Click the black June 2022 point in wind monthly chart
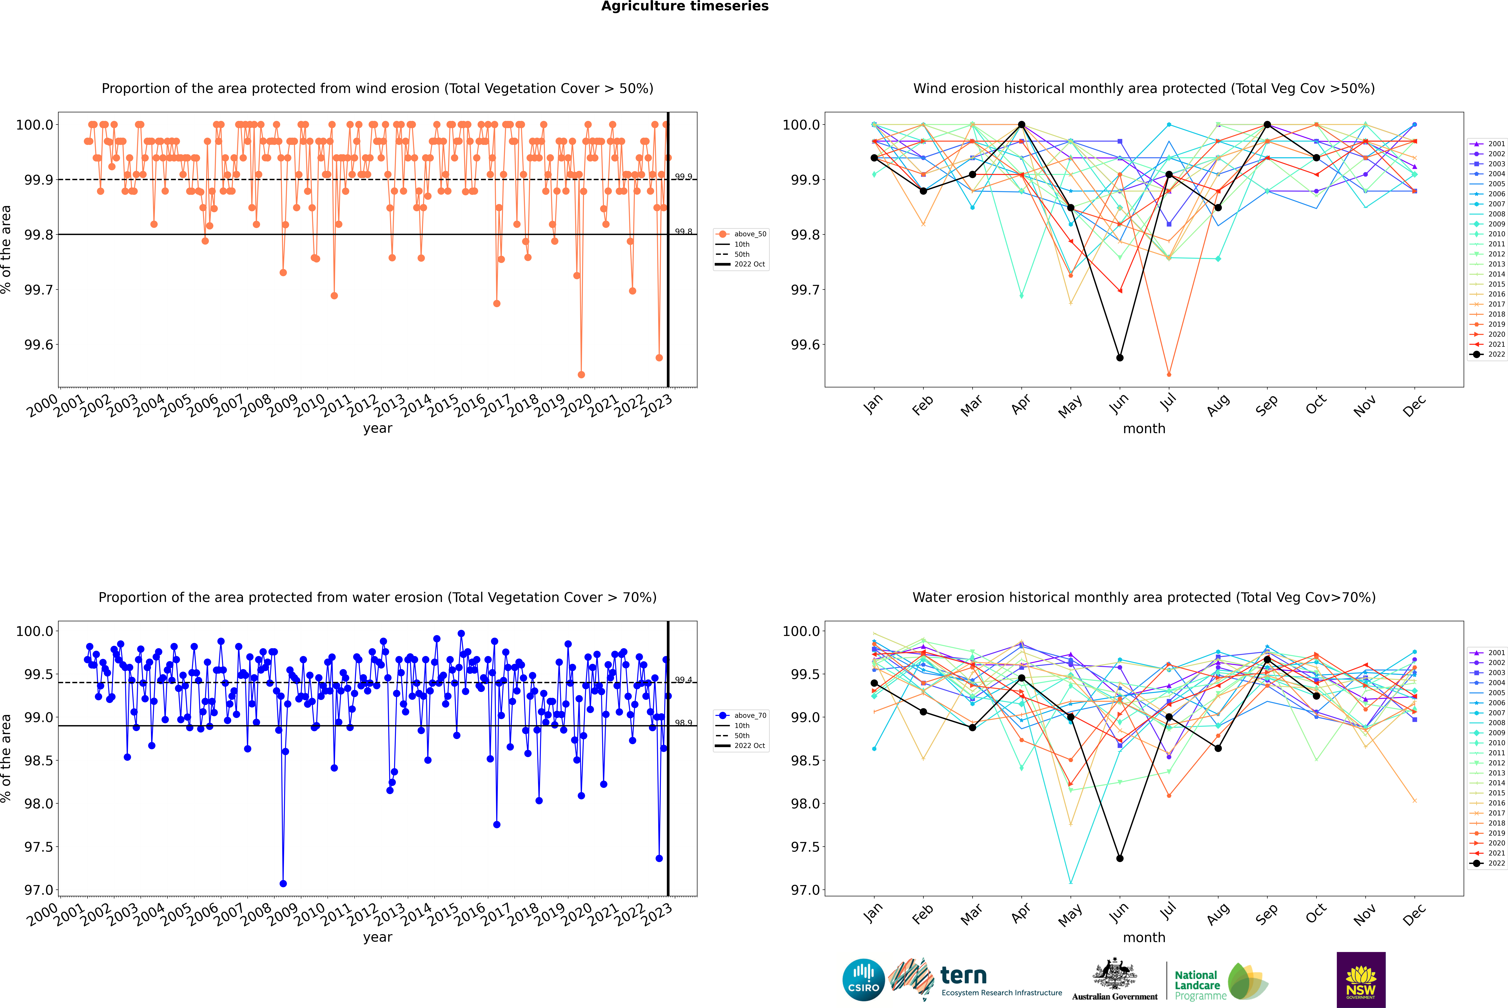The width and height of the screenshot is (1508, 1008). (1120, 357)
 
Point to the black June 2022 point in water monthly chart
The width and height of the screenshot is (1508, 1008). (1120, 858)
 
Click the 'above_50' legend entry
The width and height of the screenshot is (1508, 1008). (741, 234)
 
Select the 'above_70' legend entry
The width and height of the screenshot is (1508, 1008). (741, 716)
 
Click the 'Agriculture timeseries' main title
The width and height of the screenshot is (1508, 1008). (685, 6)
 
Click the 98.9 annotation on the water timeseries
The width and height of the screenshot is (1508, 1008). (683, 723)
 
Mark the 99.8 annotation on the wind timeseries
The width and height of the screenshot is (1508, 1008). (683, 231)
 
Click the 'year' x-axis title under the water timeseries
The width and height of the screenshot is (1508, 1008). (377, 937)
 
